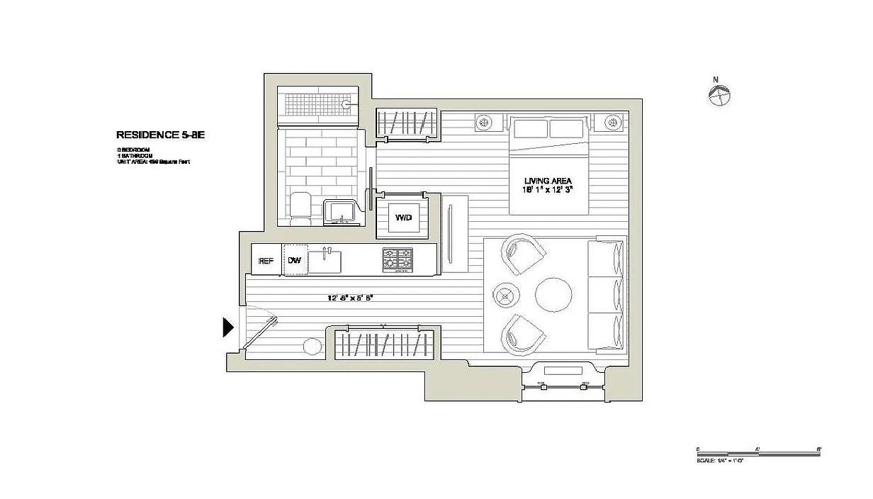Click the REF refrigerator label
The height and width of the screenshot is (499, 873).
tap(266, 261)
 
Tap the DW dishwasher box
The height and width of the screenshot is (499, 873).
tap(295, 260)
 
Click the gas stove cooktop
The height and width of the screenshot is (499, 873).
tap(398, 259)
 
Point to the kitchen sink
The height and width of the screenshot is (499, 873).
tap(325, 260)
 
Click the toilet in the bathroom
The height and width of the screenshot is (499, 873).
tap(300, 208)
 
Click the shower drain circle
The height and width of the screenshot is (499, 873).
tap(347, 104)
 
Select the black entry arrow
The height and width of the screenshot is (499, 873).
tap(228, 327)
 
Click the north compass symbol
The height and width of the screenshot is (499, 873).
tap(719, 95)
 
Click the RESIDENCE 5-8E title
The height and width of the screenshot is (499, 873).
tap(159, 135)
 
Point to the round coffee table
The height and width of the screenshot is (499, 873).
tap(553, 295)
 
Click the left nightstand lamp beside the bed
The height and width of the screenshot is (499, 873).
tap(484, 123)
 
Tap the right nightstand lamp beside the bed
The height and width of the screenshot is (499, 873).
tap(611, 123)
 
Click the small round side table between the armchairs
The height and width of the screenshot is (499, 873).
tap(507, 295)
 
